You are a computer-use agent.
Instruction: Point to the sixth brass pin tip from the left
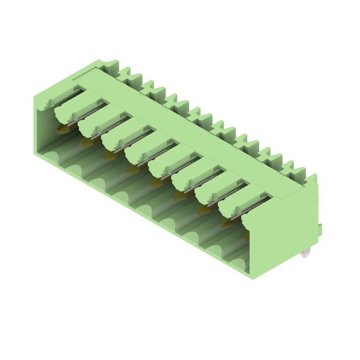click(x=179, y=196)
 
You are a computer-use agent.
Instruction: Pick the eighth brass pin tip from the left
click(x=225, y=222)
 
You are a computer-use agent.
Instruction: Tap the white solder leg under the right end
click(x=306, y=256)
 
